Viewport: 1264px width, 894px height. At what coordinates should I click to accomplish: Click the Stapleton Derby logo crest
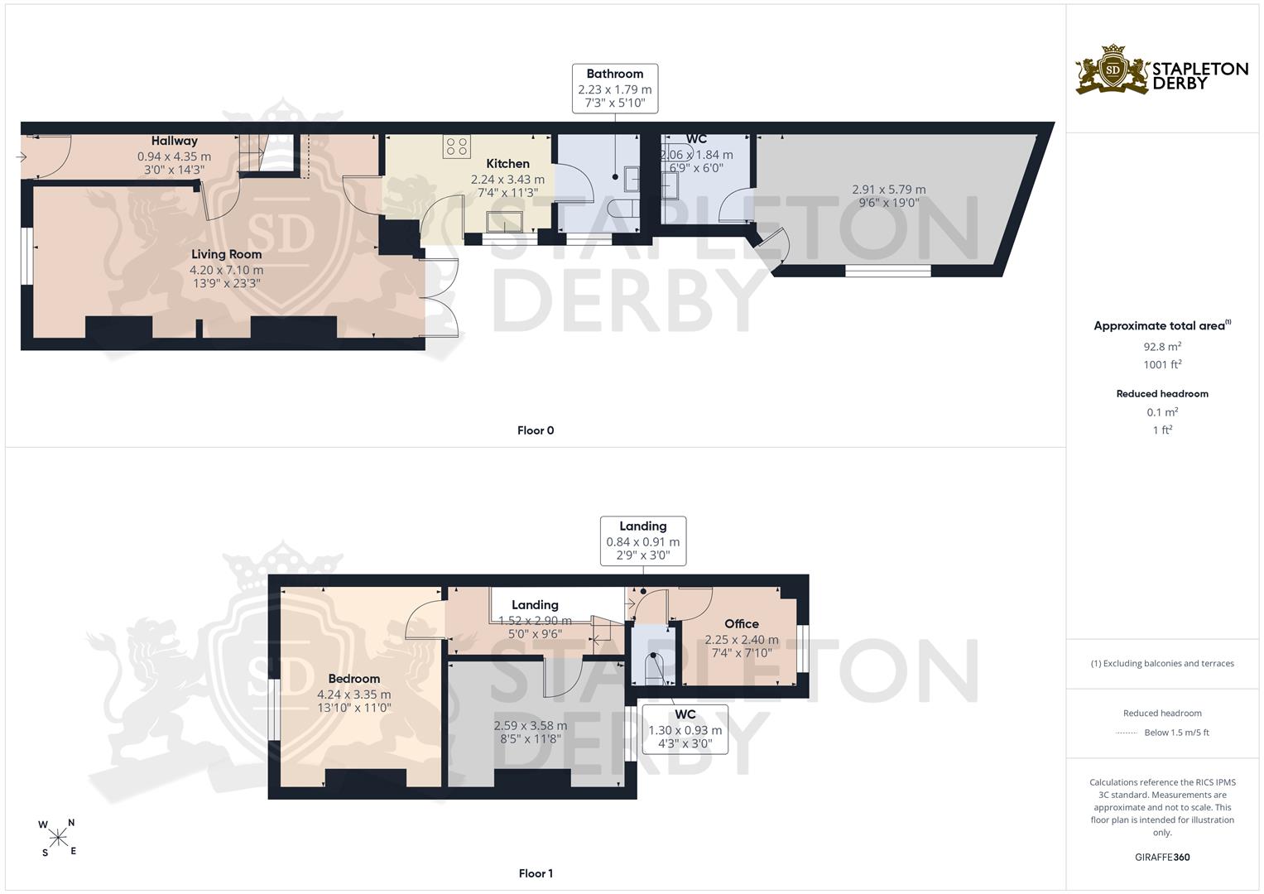coord(1113,70)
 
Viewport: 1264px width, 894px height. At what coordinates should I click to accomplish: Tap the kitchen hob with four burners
coord(456,147)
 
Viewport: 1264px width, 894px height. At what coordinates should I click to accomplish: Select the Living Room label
coord(226,255)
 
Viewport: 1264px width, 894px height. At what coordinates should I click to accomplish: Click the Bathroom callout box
coord(615,89)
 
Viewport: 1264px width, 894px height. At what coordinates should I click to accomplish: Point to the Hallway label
coord(175,141)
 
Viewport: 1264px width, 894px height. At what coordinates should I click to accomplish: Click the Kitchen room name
coord(508,164)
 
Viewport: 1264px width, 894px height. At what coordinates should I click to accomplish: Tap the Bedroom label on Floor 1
coord(353,679)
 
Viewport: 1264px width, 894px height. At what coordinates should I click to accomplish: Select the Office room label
coord(742,623)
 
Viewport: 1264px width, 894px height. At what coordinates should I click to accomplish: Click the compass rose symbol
coord(58,838)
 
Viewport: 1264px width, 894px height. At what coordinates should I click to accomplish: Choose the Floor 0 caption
coord(536,430)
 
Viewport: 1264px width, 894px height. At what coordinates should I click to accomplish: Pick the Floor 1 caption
coord(536,873)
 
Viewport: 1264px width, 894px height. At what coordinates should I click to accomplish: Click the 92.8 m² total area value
coord(1162,347)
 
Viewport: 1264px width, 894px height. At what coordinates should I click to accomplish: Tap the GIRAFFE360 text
coord(1162,857)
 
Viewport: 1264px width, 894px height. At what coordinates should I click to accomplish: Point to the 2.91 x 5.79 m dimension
coord(889,190)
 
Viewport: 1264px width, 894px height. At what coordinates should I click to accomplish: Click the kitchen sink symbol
coord(504,221)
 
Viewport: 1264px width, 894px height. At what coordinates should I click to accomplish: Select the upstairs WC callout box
coord(685,729)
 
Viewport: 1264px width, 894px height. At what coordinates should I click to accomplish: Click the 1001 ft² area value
coord(1162,364)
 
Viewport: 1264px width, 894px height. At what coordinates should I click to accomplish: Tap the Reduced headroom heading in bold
coord(1162,394)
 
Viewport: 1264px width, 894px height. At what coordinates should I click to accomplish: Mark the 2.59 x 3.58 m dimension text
coord(531,726)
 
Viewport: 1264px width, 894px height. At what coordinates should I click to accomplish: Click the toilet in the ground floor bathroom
coord(623,209)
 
